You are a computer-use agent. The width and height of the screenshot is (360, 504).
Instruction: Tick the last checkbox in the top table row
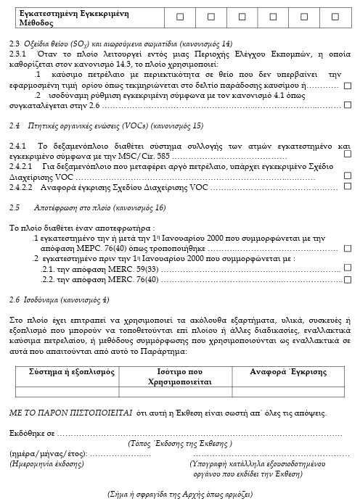coord(335,16)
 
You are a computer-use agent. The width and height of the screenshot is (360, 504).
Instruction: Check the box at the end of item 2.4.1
coord(347,155)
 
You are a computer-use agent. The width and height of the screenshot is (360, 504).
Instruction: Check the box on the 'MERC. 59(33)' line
coord(347,268)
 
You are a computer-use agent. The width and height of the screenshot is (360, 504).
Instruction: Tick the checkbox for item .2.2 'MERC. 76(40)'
coord(347,278)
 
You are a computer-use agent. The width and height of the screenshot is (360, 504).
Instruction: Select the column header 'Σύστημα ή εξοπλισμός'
coord(72,371)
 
